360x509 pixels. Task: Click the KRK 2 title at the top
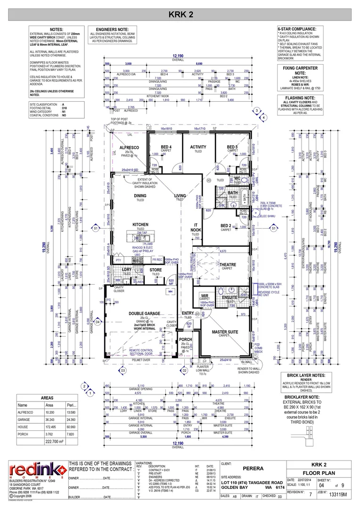pyautogui.click(x=180, y=16)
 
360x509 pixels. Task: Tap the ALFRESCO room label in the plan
pyautogui.click(x=128, y=148)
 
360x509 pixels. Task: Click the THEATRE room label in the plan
pyautogui.click(x=228, y=265)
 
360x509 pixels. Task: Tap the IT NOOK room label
pyautogui.click(x=196, y=228)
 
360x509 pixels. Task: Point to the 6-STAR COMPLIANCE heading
pyautogui.click(x=297, y=29)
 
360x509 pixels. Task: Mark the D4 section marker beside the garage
pyautogui.click(x=98, y=322)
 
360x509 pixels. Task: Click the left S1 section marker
pyautogui.click(x=95, y=228)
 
